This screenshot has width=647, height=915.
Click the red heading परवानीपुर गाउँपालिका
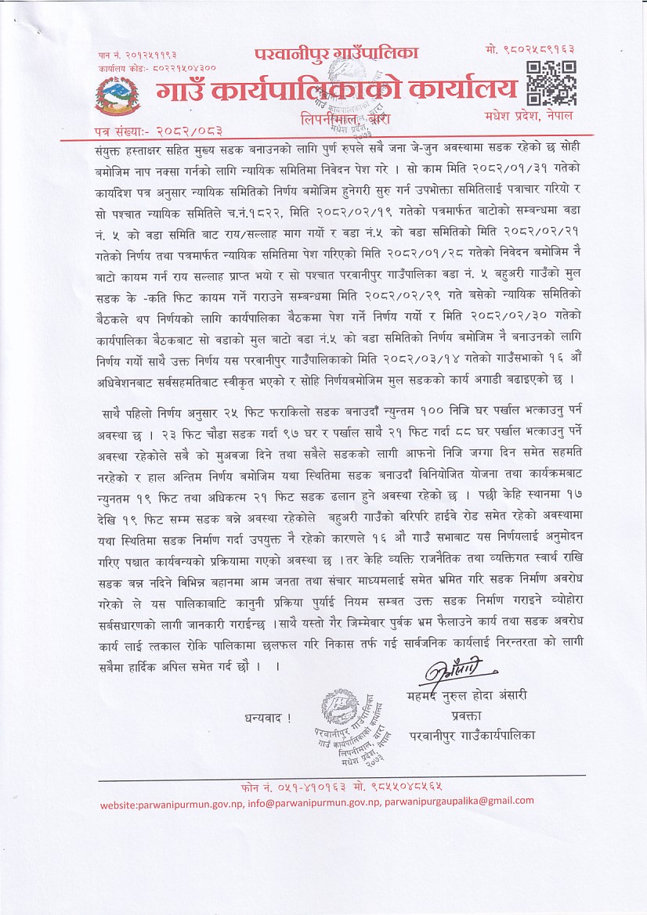tap(337, 53)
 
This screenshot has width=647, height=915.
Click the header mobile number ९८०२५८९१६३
tap(546, 51)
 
